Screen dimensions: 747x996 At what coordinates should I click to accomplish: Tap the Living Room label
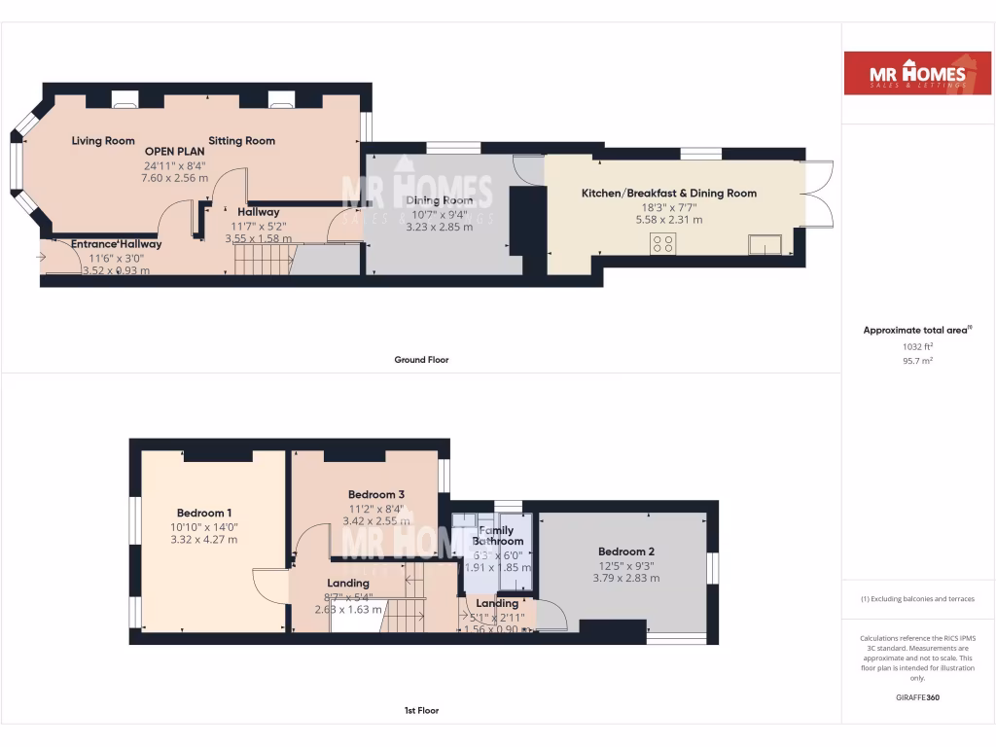(x=103, y=141)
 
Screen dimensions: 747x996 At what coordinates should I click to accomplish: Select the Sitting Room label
(x=242, y=141)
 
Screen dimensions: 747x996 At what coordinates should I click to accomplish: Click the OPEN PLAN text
(x=175, y=152)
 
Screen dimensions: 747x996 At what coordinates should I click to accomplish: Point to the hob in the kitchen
(x=664, y=243)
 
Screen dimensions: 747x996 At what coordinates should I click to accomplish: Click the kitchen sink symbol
(x=765, y=244)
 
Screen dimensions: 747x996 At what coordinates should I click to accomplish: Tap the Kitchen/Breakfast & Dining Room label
(x=668, y=194)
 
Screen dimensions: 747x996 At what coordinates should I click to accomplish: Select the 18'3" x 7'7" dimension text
(x=668, y=207)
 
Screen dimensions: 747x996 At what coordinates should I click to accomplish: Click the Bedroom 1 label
(x=204, y=513)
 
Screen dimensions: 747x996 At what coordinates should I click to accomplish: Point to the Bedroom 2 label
(x=626, y=551)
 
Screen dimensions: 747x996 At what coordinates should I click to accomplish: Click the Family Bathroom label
(x=498, y=536)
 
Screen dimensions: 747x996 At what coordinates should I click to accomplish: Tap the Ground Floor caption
(x=421, y=360)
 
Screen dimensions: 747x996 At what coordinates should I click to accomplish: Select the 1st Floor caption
(x=421, y=711)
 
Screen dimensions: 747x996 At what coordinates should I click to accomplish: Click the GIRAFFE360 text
(x=917, y=697)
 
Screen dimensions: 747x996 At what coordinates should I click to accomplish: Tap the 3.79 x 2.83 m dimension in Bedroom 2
(x=626, y=578)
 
